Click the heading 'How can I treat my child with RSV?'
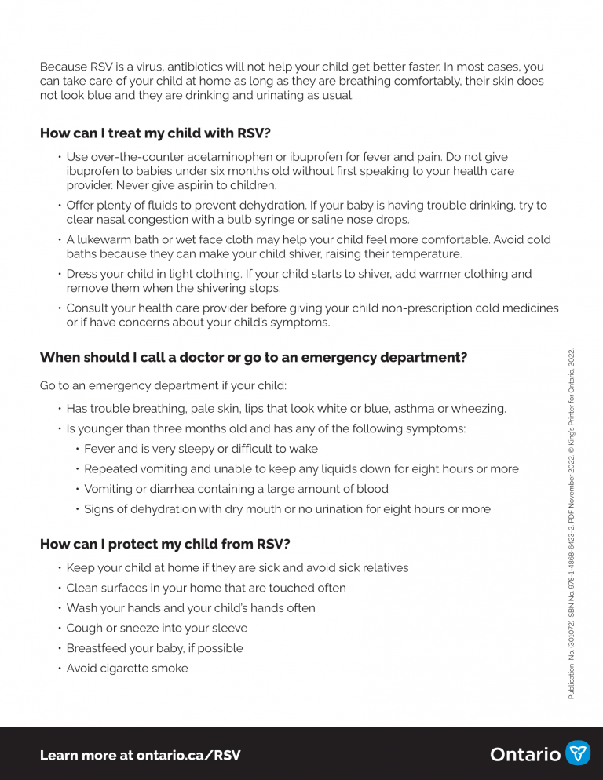(155, 133)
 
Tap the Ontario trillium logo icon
(578, 753)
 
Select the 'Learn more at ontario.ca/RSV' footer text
(140, 755)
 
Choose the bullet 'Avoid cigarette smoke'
(127, 669)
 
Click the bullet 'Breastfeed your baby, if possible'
(155, 648)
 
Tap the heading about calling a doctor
(253, 358)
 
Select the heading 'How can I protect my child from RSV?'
(165, 544)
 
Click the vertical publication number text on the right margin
(572, 523)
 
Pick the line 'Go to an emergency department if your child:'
(163, 386)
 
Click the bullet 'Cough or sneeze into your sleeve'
(157, 628)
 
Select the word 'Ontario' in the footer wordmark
(525, 754)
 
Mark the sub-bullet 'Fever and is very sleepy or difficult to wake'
(201, 449)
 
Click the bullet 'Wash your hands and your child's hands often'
(191, 608)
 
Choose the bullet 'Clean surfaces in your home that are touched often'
(206, 588)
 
